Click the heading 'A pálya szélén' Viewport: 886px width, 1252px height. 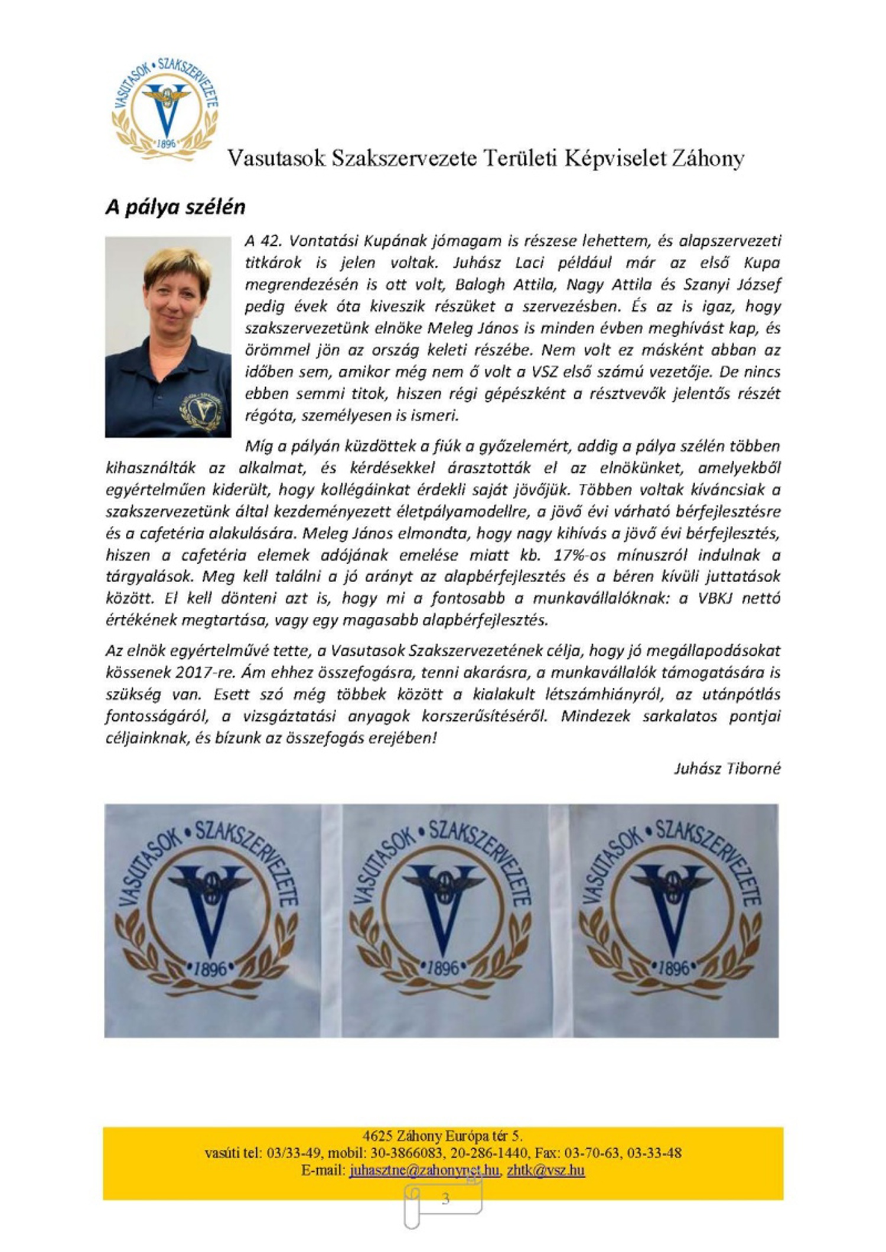(175, 208)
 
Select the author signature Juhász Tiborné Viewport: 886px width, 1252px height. (727, 768)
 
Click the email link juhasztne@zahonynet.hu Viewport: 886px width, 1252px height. (424, 1170)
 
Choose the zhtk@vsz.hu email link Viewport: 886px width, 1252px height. (546, 1170)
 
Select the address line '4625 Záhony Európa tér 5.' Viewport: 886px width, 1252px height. (442, 1136)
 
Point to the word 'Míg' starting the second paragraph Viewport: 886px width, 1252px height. (256, 447)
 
